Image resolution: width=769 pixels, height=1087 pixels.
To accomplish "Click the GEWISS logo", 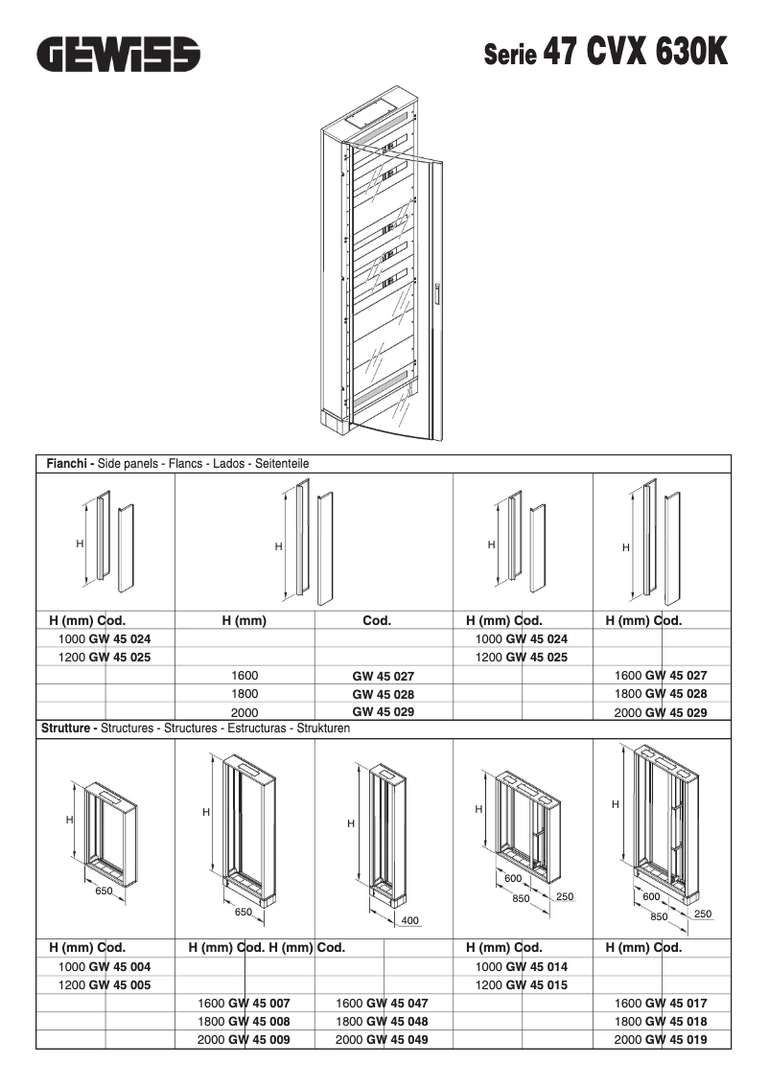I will click(x=119, y=54).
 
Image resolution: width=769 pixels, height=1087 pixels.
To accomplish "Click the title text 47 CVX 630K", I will click(x=635, y=52).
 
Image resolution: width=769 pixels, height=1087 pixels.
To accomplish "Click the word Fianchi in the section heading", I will click(x=70, y=463).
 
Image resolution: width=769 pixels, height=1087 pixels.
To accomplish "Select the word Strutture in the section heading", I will click(x=69, y=729).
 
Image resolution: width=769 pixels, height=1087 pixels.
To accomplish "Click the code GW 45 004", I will click(x=119, y=966).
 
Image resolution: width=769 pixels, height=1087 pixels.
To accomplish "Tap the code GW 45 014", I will click(x=536, y=966).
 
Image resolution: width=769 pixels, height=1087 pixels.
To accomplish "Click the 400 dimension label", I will click(x=409, y=921).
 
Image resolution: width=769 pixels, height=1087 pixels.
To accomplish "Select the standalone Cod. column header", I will click(x=377, y=620).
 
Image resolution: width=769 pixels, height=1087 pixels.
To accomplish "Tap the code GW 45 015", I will click(x=536, y=984).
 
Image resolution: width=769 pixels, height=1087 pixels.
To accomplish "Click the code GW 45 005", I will click(x=119, y=984).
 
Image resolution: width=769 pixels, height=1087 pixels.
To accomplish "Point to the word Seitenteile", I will click(x=282, y=463).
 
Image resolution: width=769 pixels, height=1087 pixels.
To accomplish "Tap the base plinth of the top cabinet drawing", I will click(x=332, y=419).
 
